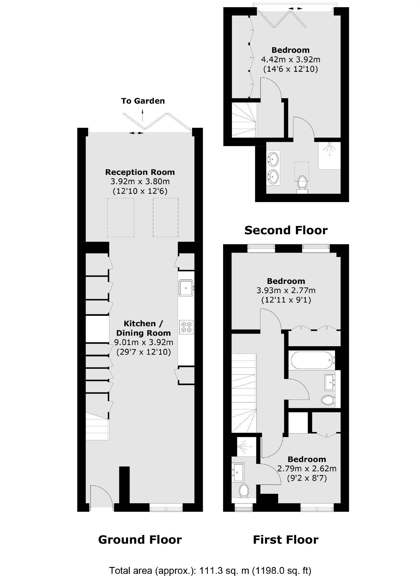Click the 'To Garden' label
[143, 101]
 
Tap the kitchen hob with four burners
[186, 327]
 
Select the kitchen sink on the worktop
[186, 288]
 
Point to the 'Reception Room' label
[140, 172]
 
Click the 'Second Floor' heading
[286, 230]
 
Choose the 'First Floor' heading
[285, 540]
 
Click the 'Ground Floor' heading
[140, 540]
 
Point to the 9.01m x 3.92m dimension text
[144, 342]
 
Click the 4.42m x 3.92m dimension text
[290, 60]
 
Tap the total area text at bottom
[210, 571]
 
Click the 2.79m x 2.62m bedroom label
[307, 468]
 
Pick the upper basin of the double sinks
[273, 158]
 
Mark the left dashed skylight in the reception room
[121, 217]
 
